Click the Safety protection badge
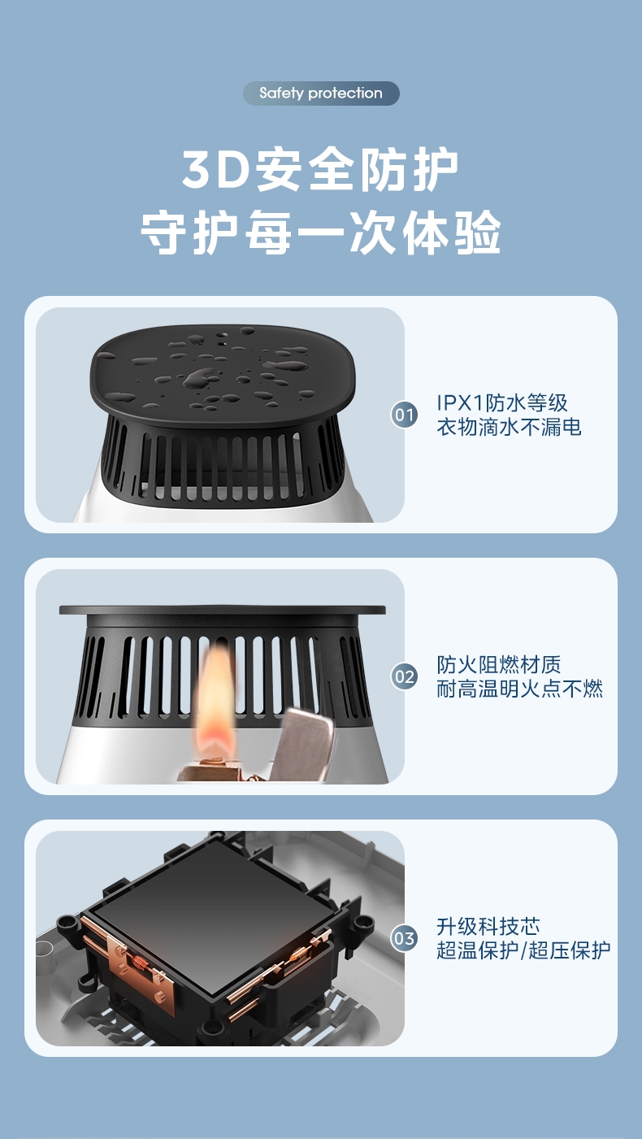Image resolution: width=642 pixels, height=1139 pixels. coord(321,93)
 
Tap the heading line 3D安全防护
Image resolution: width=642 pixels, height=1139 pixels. coord(320,169)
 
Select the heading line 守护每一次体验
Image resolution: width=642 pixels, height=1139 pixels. coord(321,233)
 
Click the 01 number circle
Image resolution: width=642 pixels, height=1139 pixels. coord(404,415)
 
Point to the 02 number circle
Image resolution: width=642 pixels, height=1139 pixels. coord(404,676)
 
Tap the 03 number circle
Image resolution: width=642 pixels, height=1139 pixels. coord(404,938)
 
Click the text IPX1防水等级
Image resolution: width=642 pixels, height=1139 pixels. coord(502,402)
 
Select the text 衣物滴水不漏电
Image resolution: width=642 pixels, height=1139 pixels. coord(509,427)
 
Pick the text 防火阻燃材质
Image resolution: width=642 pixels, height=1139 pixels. coord(499,664)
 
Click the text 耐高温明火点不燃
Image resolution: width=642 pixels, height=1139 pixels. coord(519,689)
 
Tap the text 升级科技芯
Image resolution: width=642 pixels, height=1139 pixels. coord(488,927)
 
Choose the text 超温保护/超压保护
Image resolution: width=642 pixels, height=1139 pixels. coord(523,950)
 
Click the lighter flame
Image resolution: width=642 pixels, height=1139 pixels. coord(216,697)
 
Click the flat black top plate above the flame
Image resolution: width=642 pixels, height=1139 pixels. coord(222,610)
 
